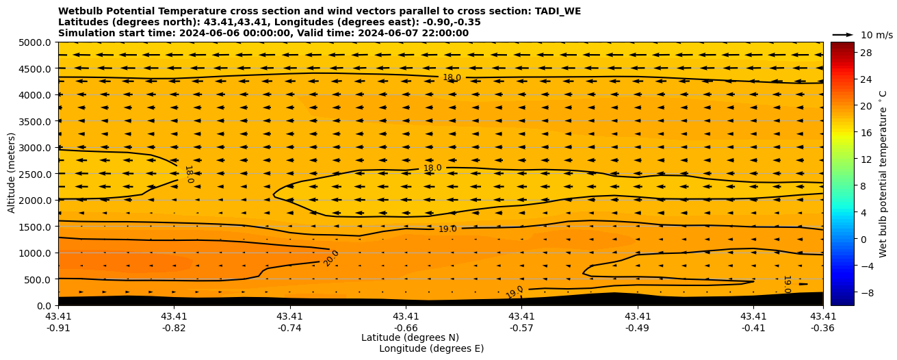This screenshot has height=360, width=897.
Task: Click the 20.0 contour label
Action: (x=331, y=258)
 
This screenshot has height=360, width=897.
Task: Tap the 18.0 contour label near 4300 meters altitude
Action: (x=452, y=77)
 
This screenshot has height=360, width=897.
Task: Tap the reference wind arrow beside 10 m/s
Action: (x=843, y=34)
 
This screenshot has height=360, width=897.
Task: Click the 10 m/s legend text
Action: (x=876, y=35)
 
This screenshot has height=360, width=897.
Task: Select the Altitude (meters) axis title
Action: (x=12, y=174)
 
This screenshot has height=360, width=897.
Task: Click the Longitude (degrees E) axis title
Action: (x=431, y=348)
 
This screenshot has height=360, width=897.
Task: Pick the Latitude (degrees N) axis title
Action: (x=410, y=337)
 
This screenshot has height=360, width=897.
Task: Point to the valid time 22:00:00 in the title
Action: (x=443, y=33)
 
